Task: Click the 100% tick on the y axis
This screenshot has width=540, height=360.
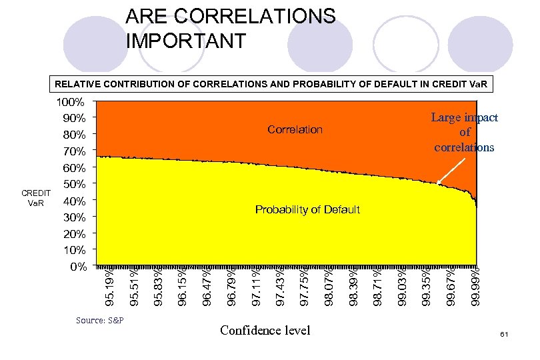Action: pyautogui.click(x=71, y=103)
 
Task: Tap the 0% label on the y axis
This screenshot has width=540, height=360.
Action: pyautogui.click(x=79, y=267)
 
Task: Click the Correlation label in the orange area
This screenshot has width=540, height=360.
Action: pyautogui.click(x=295, y=129)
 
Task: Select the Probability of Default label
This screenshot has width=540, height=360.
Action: pyautogui.click(x=307, y=209)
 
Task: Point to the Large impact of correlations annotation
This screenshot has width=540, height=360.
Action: pyautogui.click(x=464, y=132)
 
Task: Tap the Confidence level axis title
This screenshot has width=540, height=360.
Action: pyautogui.click(x=265, y=330)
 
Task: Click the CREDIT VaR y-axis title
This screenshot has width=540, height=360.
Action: pyautogui.click(x=33, y=197)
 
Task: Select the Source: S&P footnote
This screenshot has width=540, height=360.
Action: pyautogui.click(x=101, y=320)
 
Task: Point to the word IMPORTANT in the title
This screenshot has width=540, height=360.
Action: pyautogui.click(x=186, y=40)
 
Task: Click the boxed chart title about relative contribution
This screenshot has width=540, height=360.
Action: pyautogui.click(x=270, y=85)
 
